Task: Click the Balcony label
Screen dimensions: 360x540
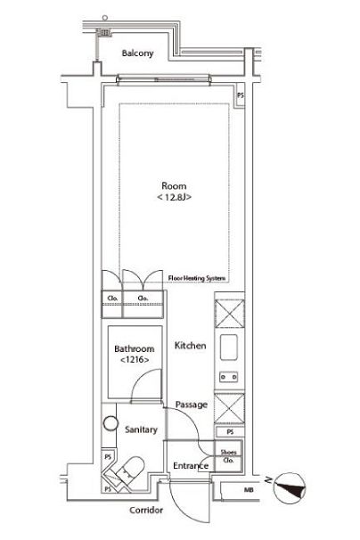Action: pos(137,53)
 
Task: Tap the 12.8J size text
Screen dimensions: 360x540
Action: pos(174,197)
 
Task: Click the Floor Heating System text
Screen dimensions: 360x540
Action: pos(197,278)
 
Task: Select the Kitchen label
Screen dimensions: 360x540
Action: pos(190,346)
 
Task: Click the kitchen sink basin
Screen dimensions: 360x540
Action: pos(229,348)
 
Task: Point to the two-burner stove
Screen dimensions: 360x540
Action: pos(229,377)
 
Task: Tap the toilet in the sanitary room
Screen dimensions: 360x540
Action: pos(131,470)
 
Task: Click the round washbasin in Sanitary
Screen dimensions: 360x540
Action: pos(110,423)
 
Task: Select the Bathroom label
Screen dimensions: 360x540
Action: pos(135,349)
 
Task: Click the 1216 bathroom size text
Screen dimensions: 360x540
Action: pos(135,360)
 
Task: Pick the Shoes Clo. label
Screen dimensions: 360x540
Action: pos(228,456)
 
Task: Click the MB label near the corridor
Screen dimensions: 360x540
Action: pos(249,489)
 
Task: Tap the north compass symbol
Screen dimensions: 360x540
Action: pos(290,488)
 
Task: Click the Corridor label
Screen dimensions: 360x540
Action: pos(146,510)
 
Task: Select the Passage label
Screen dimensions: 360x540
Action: pos(192,405)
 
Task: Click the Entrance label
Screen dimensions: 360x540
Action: pos(191,466)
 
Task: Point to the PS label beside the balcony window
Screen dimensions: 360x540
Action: pos(240,95)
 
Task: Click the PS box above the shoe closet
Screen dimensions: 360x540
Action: pos(230,432)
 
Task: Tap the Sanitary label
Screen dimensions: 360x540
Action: pos(141,430)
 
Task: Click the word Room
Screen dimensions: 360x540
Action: pos(174,186)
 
